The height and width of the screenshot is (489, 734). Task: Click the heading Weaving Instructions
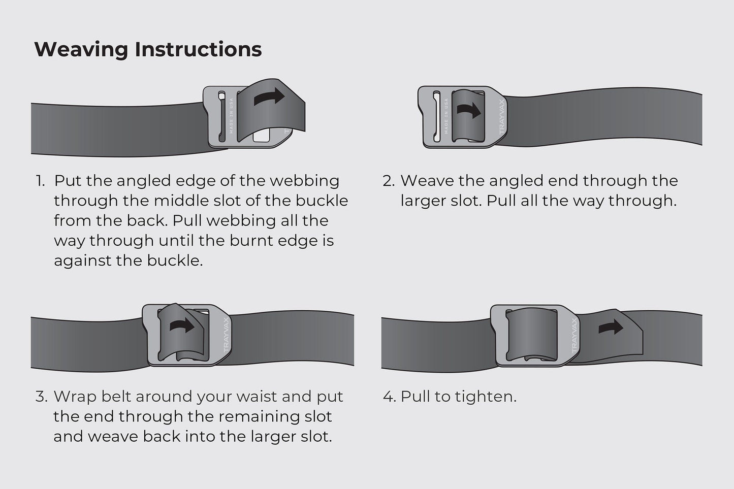(x=148, y=49)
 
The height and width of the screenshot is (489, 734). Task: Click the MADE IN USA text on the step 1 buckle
(x=232, y=116)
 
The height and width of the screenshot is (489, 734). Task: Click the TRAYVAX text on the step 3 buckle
(x=226, y=335)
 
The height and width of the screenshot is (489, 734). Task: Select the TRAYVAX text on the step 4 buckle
(x=575, y=336)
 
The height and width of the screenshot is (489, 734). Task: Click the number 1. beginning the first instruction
(x=41, y=181)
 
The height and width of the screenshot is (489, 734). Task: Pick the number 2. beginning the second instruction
(x=388, y=181)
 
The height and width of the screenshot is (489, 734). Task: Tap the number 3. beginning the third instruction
(x=41, y=397)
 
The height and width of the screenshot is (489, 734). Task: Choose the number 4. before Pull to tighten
(x=389, y=397)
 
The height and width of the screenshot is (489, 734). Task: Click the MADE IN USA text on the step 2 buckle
(x=446, y=116)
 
